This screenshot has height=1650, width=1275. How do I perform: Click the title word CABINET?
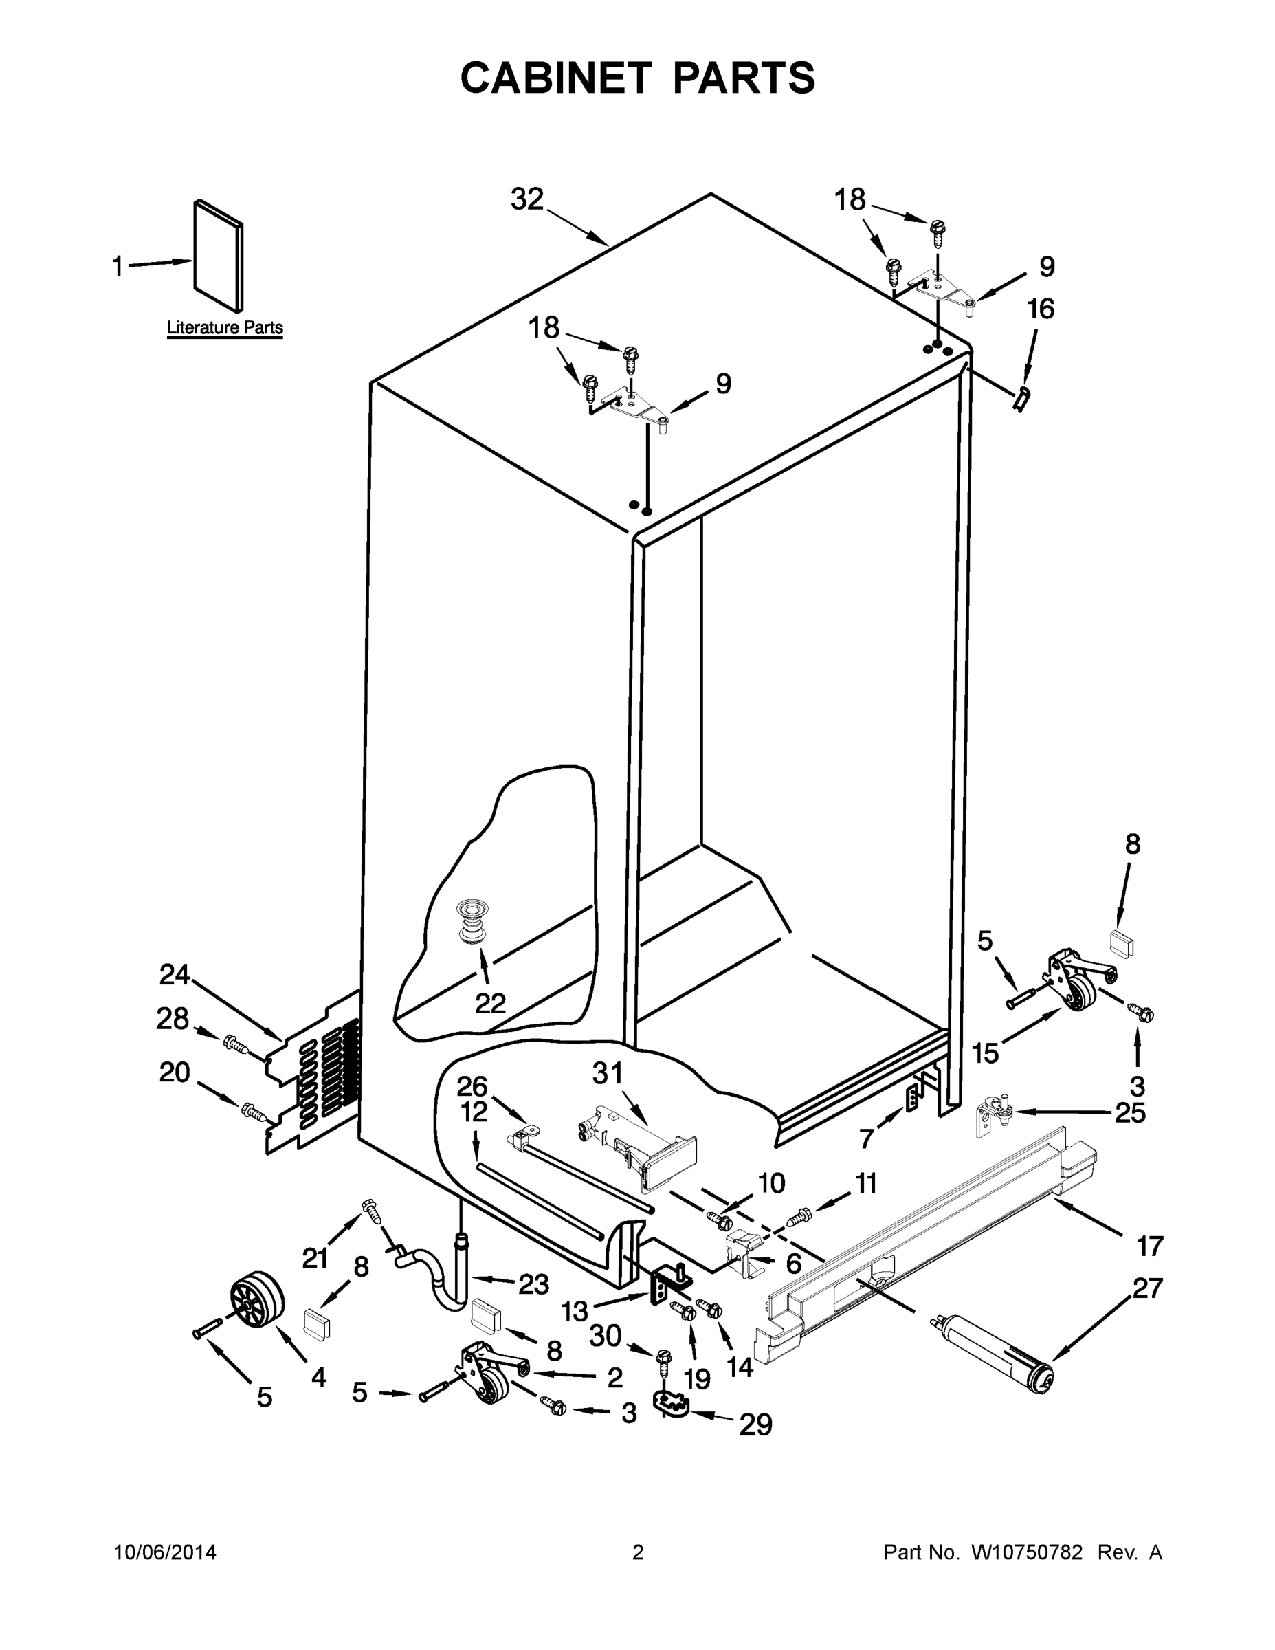556,78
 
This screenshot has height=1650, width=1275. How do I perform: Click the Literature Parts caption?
224,328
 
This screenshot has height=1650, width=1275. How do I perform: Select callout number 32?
527,199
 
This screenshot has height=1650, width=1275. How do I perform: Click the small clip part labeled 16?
1021,398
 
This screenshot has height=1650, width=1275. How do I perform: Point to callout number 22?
490,1003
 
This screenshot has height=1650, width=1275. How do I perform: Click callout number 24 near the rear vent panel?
174,975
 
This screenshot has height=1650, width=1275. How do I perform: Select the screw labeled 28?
236,1046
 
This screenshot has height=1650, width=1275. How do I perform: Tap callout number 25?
1130,1113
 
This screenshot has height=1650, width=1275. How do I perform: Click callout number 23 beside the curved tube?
533,1284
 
